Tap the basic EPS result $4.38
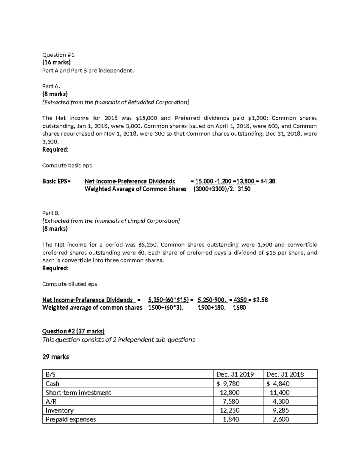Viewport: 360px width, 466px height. coord(268,181)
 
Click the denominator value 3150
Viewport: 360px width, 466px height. coord(244,189)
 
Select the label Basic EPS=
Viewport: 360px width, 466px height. coord(56,181)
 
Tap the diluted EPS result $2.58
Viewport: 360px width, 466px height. coord(260,300)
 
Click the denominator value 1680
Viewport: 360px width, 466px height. coord(239,308)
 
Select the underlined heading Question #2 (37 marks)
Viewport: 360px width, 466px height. coord(73,331)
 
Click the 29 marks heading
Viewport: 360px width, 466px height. coord(55,357)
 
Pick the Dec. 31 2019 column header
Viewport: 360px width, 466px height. coord(235,374)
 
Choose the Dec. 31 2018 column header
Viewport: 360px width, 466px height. coord(285,374)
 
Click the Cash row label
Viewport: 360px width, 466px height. coord(52,383)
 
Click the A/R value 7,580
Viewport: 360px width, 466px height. coord(231,401)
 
